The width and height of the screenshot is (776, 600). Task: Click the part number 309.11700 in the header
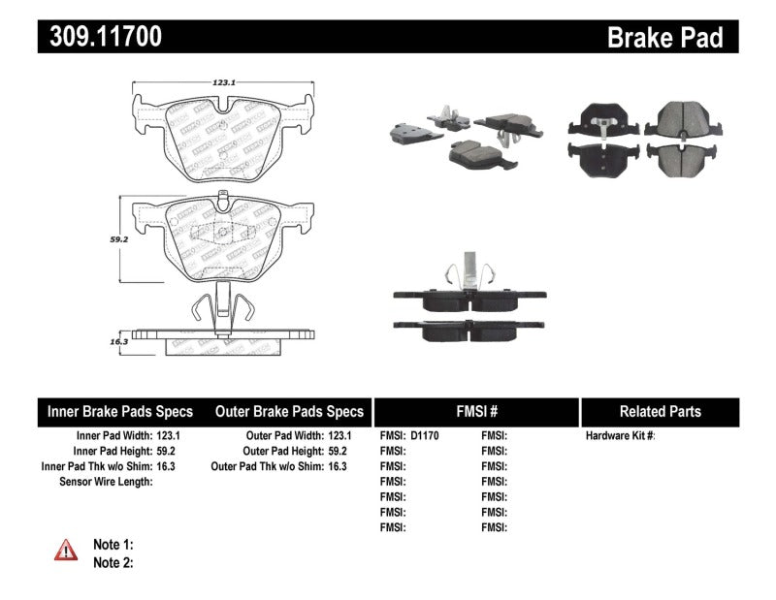(x=100, y=37)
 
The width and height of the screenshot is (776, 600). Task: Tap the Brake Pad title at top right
(x=664, y=37)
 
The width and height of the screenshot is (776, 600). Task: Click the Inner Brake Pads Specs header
(x=120, y=412)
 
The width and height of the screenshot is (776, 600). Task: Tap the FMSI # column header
(x=476, y=412)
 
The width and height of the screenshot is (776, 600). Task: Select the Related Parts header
(x=660, y=412)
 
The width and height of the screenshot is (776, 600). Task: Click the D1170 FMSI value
(x=425, y=436)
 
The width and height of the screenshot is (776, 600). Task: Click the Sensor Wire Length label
(x=105, y=481)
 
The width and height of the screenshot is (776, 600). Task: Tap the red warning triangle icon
(x=66, y=551)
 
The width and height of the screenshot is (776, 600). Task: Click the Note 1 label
(x=113, y=545)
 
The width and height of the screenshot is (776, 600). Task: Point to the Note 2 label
(x=113, y=562)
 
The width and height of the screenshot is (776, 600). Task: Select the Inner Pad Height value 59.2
(x=167, y=451)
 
